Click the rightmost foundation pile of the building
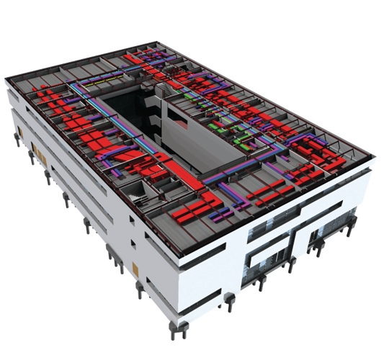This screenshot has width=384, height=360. pyautogui.click(x=351, y=229)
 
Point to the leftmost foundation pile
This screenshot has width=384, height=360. pyautogui.click(x=15, y=138)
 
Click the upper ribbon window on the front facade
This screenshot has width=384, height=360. pyautogui.click(x=288, y=219)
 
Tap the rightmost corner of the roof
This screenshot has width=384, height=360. pyautogui.click(x=374, y=154)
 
